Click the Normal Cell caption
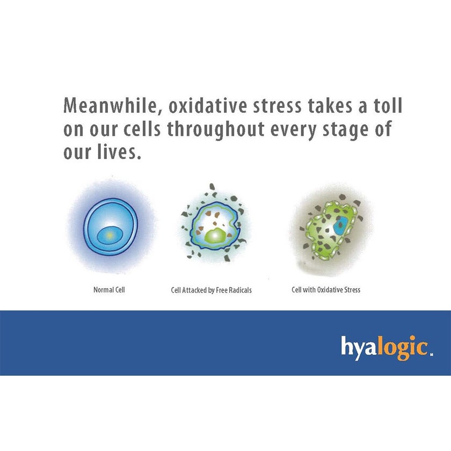[x=109, y=290]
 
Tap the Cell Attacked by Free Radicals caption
[x=211, y=290]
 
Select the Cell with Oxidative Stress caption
[x=326, y=290]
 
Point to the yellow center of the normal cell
[x=109, y=235]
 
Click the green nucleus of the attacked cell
[x=214, y=235]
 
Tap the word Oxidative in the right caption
[x=330, y=290]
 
